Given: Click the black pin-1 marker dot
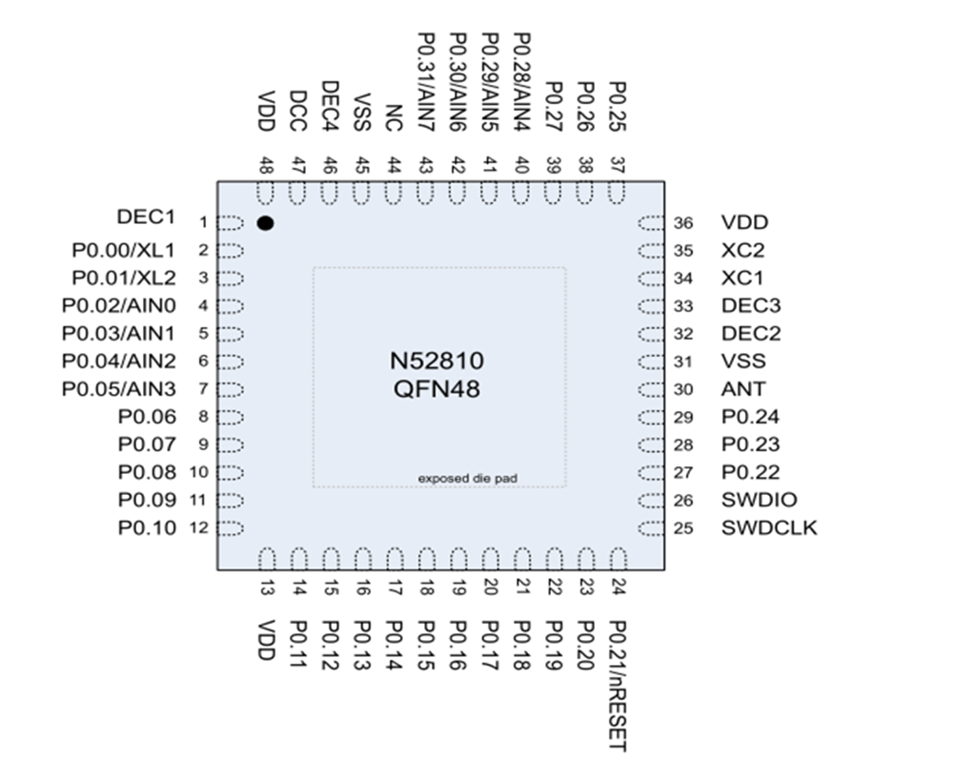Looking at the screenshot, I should point(265,223).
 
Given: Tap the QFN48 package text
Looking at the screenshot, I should point(436,388).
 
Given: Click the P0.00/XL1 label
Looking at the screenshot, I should point(124,251).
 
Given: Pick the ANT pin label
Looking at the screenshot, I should point(743,389).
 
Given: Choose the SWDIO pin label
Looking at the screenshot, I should point(760,500).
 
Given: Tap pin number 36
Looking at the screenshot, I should point(682,223).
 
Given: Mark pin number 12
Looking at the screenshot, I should point(199,527).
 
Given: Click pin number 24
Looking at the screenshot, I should point(618,588).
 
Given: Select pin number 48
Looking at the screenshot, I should point(266,164).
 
